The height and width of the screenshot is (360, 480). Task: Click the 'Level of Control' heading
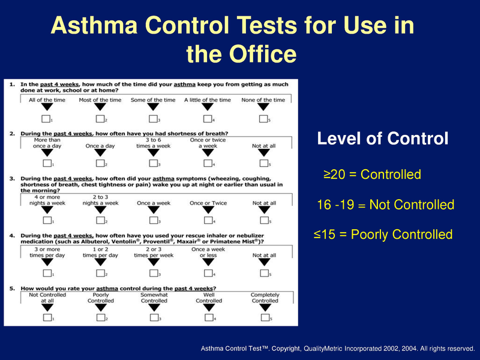click(x=382, y=139)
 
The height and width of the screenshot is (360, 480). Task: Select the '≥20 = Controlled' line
click(x=372, y=175)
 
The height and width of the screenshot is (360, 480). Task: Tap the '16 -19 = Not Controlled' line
click(x=385, y=205)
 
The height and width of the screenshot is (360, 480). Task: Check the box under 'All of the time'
click(x=47, y=118)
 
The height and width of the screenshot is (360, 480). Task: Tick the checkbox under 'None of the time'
click(x=263, y=118)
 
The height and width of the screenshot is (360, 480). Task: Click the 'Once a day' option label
click(x=100, y=146)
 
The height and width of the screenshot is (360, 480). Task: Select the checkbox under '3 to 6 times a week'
click(x=154, y=163)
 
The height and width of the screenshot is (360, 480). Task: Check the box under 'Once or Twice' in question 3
click(x=208, y=221)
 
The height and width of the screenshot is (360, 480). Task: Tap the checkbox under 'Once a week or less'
click(x=208, y=274)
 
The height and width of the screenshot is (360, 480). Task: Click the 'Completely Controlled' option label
click(x=265, y=298)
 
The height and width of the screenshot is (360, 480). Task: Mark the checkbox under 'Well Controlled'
click(x=208, y=317)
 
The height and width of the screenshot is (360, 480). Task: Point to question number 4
click(x=13, y=238)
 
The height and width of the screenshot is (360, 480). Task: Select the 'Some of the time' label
click(x=154, y=100)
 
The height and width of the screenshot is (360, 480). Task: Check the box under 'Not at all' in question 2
click(x=263, y=163)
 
